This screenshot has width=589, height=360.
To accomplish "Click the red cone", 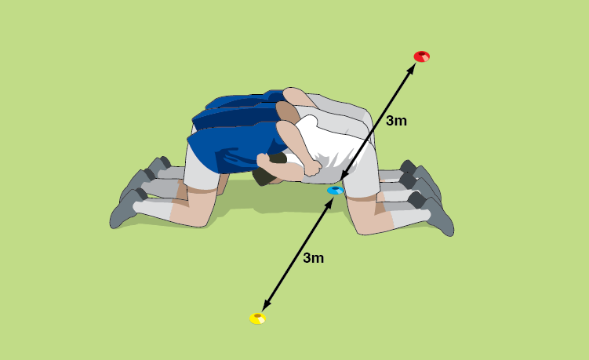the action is point(421,56).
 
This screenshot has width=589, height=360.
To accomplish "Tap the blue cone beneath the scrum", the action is point(335,190).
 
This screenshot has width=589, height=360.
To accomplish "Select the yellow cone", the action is point(258,318).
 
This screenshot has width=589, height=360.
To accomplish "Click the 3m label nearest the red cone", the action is point(396,121).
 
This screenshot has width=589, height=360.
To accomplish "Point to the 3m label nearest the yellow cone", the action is point(313,258).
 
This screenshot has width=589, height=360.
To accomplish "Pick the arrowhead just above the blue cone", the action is point(344,176).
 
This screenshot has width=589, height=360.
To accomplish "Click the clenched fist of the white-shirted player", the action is point(312,168).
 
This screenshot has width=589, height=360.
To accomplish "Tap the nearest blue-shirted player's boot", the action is point(124,210).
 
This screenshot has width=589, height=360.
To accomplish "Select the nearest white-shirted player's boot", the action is point(438,216).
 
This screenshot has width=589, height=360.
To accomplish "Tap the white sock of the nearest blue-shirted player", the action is point(153,209).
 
